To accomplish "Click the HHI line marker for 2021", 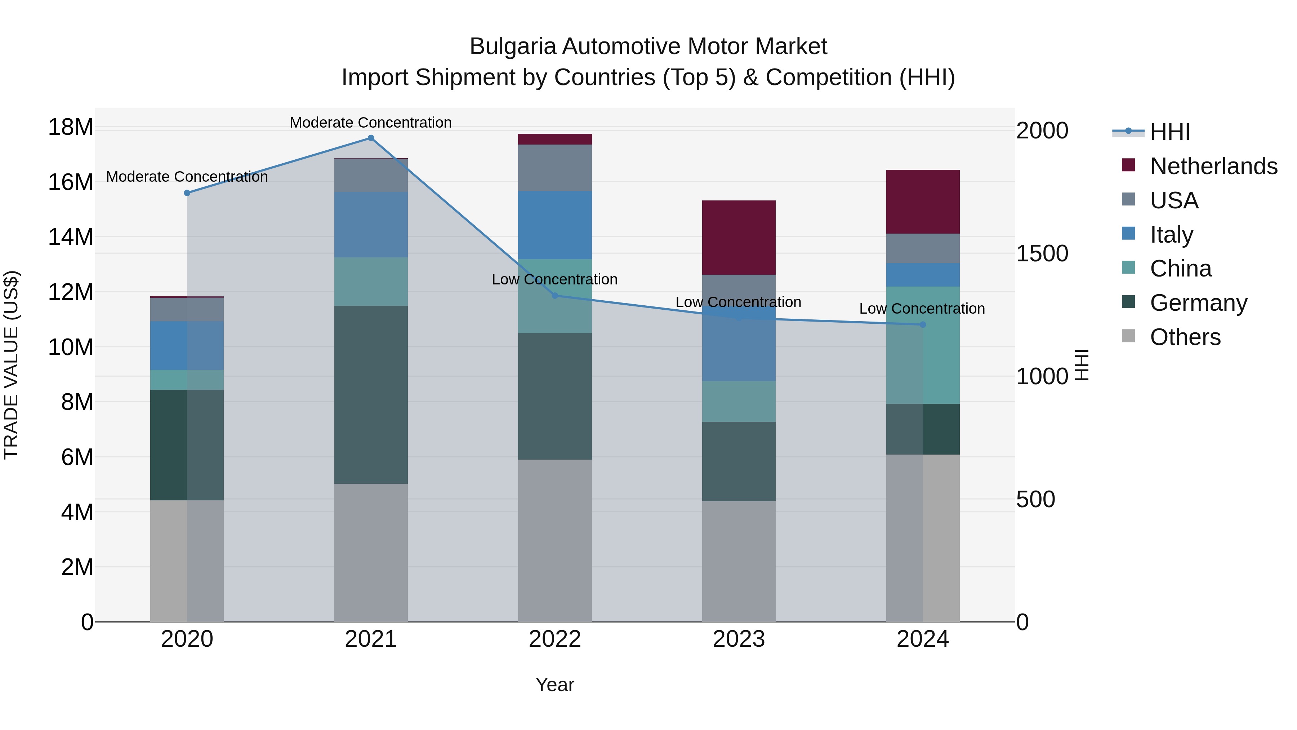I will coord(371,138).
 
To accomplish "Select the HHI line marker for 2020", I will coord(187,193).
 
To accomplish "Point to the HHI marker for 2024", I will coord(922,325).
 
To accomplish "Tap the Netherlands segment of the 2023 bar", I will coord(739,237).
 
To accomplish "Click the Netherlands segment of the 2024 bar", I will coord(922,202).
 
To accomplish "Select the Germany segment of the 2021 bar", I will coord(371,394).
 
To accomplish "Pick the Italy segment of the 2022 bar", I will coord(554,225).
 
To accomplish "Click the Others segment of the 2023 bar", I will coord(739,561).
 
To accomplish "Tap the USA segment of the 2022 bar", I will coord(554,168).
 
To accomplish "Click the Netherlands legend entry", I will coord(1213,166).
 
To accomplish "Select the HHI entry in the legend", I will coord(1169,132).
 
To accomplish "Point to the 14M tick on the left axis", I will coord(71,237).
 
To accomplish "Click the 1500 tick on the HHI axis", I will coord(1042,253).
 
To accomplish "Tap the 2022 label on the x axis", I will coord(554,639).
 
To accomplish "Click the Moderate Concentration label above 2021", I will coord(371,123).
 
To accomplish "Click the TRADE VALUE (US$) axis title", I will coord(11,365).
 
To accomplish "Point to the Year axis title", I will coord(554,685).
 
